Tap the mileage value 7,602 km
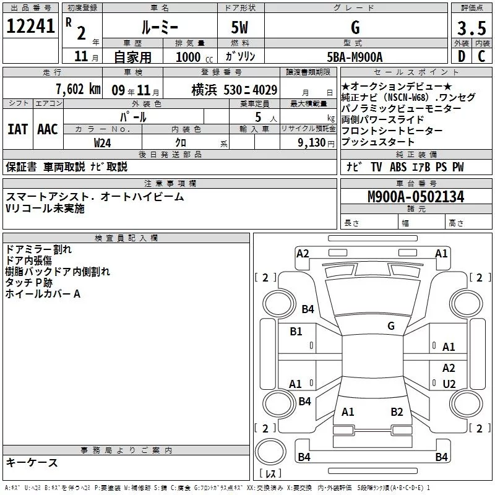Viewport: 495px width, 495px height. (77, 89)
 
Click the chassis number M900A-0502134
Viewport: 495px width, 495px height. (416, 197)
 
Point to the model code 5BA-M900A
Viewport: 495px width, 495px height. (355, 57)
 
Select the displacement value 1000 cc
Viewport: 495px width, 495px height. (189, 57)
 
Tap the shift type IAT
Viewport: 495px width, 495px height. (17, 129)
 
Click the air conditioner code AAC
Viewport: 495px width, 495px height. (48, 129)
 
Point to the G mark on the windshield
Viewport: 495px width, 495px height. (390, 326)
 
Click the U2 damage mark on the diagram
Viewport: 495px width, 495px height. (449, 384)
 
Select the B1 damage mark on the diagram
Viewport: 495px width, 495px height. (296, 332)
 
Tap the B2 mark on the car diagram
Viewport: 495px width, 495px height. (397, 411)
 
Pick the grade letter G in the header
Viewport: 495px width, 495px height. (355, 27)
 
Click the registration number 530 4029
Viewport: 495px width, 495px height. (251, 90)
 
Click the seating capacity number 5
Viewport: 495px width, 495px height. (257, 116)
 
